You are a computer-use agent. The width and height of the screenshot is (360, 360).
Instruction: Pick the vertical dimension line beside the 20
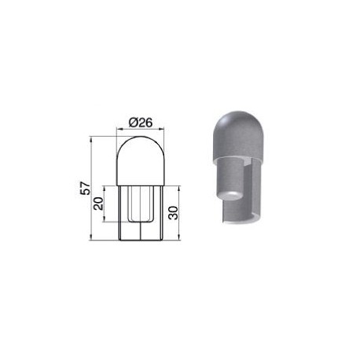[105, 212]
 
